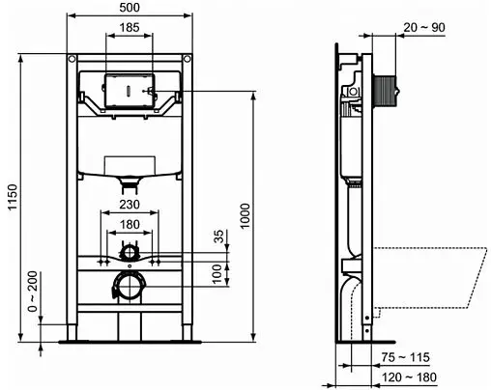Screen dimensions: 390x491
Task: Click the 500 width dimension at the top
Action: click(x=129, y=8)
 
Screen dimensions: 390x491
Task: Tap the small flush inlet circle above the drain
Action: click(x=128, y=253)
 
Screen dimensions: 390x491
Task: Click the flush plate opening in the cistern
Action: click(x=128, y=87)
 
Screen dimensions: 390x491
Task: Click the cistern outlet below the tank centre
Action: click(x=128, y=180)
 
